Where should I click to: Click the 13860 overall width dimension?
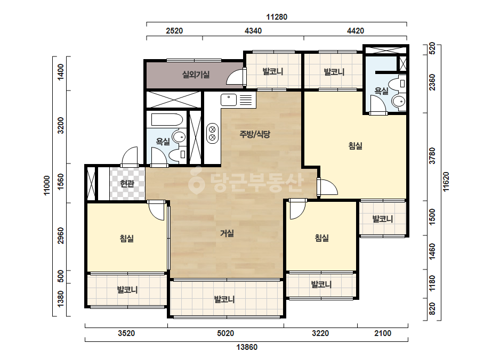(247, 347)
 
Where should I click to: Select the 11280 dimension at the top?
(277, 17)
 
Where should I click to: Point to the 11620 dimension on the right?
(446, 182)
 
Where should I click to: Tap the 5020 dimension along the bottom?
(225, 333)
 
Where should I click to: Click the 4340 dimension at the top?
(253, 31)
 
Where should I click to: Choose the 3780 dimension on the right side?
(432, 156)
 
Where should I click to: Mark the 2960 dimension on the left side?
(61, 236)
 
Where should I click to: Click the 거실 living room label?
(227, 233)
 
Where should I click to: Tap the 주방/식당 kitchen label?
(255, 135)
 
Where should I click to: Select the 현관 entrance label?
(127, 183)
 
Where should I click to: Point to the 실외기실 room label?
(196, 75)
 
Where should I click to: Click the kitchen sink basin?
(229, 100)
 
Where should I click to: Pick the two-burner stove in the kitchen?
(213, 133)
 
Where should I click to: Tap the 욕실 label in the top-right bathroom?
(381, 91)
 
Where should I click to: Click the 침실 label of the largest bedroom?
(356, 146)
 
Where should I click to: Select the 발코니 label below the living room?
(224, 299)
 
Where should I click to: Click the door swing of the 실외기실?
(235, 76)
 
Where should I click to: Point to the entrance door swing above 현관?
(130, 156)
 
